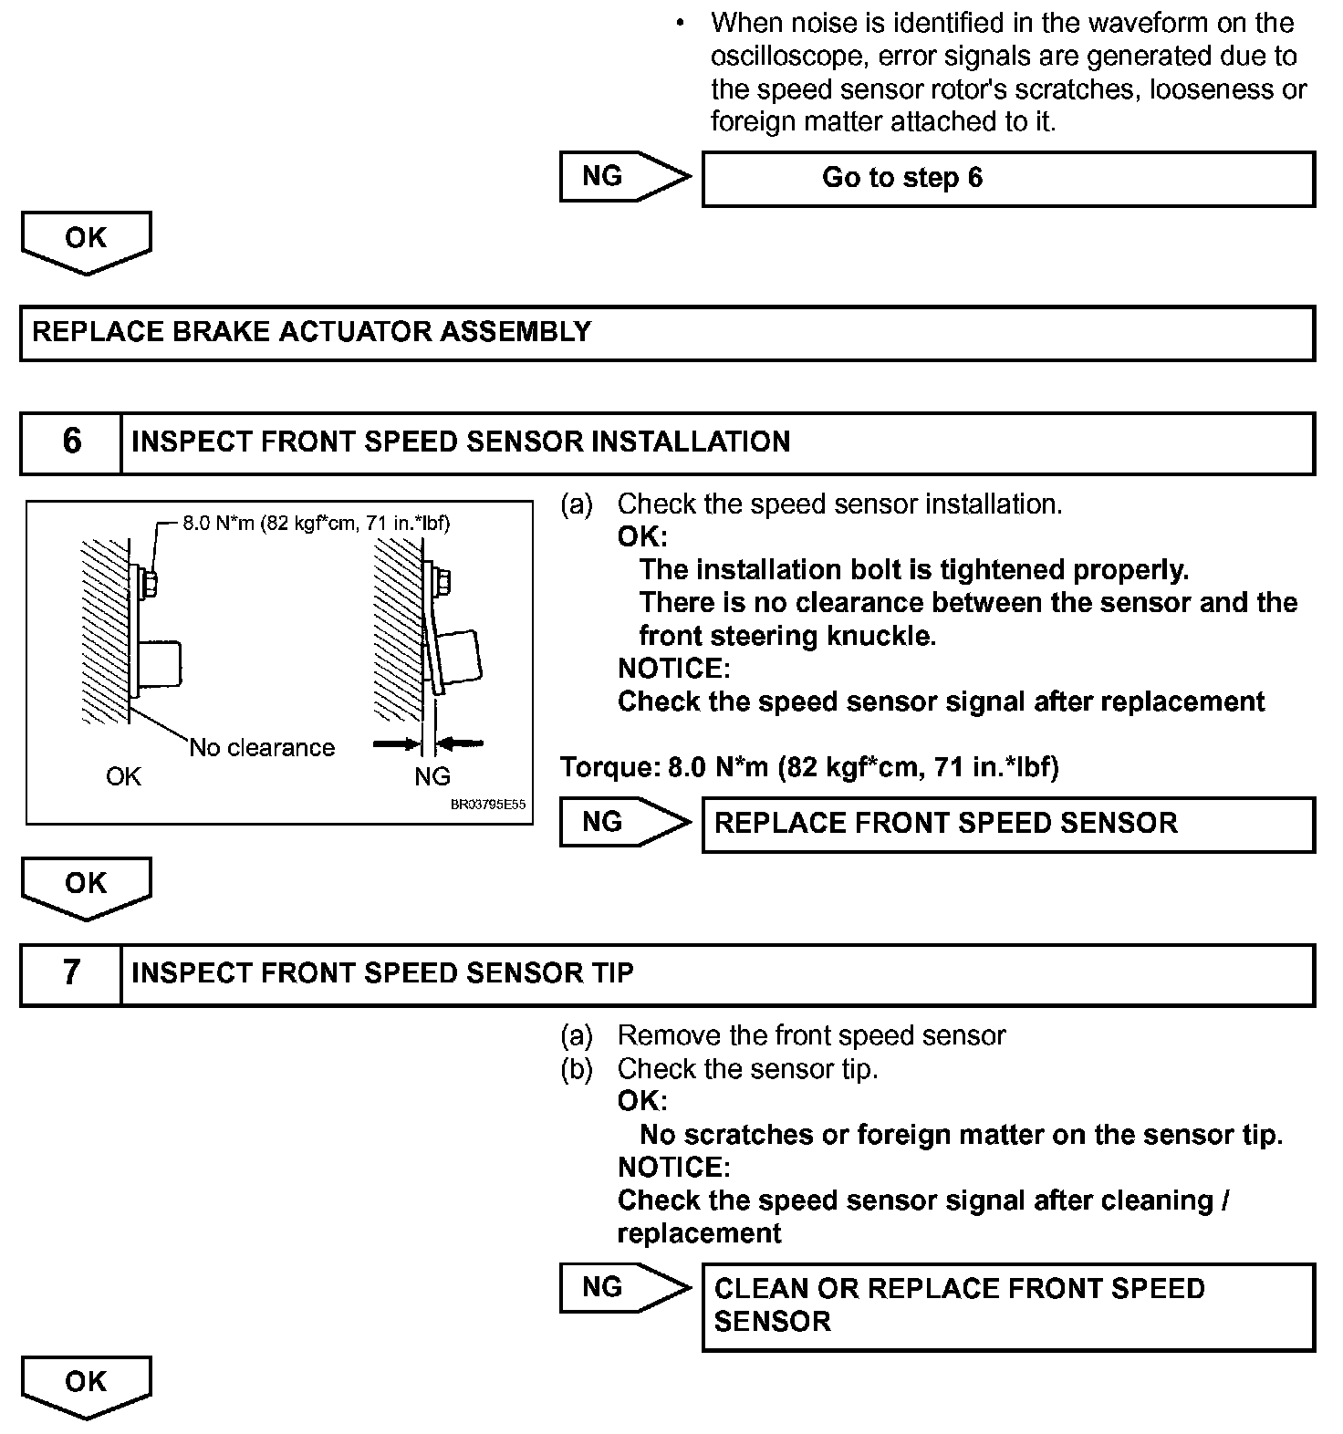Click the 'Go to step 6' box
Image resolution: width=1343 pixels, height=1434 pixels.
[x=1007, y=179]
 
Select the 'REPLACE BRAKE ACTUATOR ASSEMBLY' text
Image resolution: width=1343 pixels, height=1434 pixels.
[x=312, y=332]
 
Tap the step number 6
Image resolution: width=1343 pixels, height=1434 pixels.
[x=71, y=442]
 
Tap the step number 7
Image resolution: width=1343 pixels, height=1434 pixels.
[x=71, y=973]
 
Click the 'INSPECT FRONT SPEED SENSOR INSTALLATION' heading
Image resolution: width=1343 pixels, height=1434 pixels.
[x=461, y=442]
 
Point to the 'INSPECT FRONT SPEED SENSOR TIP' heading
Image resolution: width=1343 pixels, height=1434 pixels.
[x=382, y=973]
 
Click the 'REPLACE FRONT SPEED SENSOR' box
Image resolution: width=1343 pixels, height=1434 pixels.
[x=1007, y=824]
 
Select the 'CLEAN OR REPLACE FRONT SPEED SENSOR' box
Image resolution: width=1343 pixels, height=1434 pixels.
[x=1007, y=1305]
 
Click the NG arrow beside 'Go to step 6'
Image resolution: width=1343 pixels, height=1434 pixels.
[x=624, y=177]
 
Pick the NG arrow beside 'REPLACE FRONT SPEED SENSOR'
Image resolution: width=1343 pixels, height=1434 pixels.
[x=624, y=823]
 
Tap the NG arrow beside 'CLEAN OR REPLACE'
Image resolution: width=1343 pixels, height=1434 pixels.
[x=624, y=1287]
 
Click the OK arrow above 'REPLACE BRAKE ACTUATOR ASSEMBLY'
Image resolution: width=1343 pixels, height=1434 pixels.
[x=86, y=241]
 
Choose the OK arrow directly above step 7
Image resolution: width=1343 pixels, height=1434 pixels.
[x=86, y=887]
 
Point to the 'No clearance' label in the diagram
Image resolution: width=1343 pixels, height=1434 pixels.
[x=262, y=748]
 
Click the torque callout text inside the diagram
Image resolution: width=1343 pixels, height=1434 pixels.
[x=316, y=524]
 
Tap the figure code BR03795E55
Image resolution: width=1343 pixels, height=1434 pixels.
[x=488, y=805]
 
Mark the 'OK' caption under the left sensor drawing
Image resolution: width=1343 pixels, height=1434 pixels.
[x=123, y=776]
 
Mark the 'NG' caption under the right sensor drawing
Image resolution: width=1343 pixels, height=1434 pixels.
[x=432, y=776]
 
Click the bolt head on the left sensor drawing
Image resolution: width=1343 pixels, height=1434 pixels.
[x=151, y=583]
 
